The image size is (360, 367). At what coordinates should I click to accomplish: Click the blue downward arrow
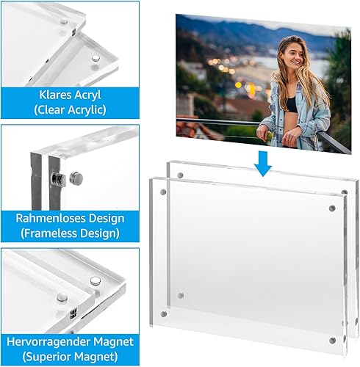pos(263,164)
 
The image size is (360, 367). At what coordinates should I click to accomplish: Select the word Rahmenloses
pos(51,218)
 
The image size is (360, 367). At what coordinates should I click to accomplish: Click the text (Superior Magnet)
pos(70,357)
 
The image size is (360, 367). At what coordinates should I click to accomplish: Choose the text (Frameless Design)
pos(70,233)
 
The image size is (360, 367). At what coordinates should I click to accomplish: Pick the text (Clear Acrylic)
pos(70,110)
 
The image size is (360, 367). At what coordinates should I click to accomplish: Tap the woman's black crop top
pos(292,105)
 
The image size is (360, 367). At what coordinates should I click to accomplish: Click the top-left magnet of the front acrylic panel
pos(163,192)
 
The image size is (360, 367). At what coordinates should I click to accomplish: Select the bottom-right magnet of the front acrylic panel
pos(332,340)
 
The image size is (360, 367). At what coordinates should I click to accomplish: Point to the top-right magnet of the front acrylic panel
pos(332,208)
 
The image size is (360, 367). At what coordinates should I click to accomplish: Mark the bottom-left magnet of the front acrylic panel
pos(164,313)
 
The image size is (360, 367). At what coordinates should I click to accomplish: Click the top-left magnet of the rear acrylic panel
pos(180,175)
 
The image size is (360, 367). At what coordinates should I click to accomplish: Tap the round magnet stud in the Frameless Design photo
pos(76,178)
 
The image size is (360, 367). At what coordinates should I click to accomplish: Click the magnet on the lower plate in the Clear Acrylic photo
pos(96,59)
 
